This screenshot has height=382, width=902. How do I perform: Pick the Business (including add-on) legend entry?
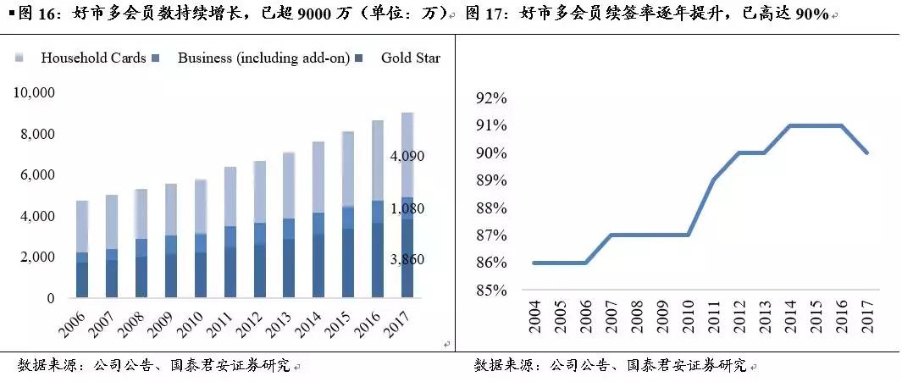tap(263, 58)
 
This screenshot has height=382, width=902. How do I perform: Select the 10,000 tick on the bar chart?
tap(35, 92)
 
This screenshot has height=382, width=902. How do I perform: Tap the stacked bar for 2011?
tap(230, 232)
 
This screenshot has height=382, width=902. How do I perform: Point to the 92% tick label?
tap(490, 98)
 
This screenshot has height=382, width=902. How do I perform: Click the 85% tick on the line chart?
tap(490, 291)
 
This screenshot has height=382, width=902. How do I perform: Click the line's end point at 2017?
tap(867, 153)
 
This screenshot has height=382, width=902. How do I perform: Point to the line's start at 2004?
tap(534, 263)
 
